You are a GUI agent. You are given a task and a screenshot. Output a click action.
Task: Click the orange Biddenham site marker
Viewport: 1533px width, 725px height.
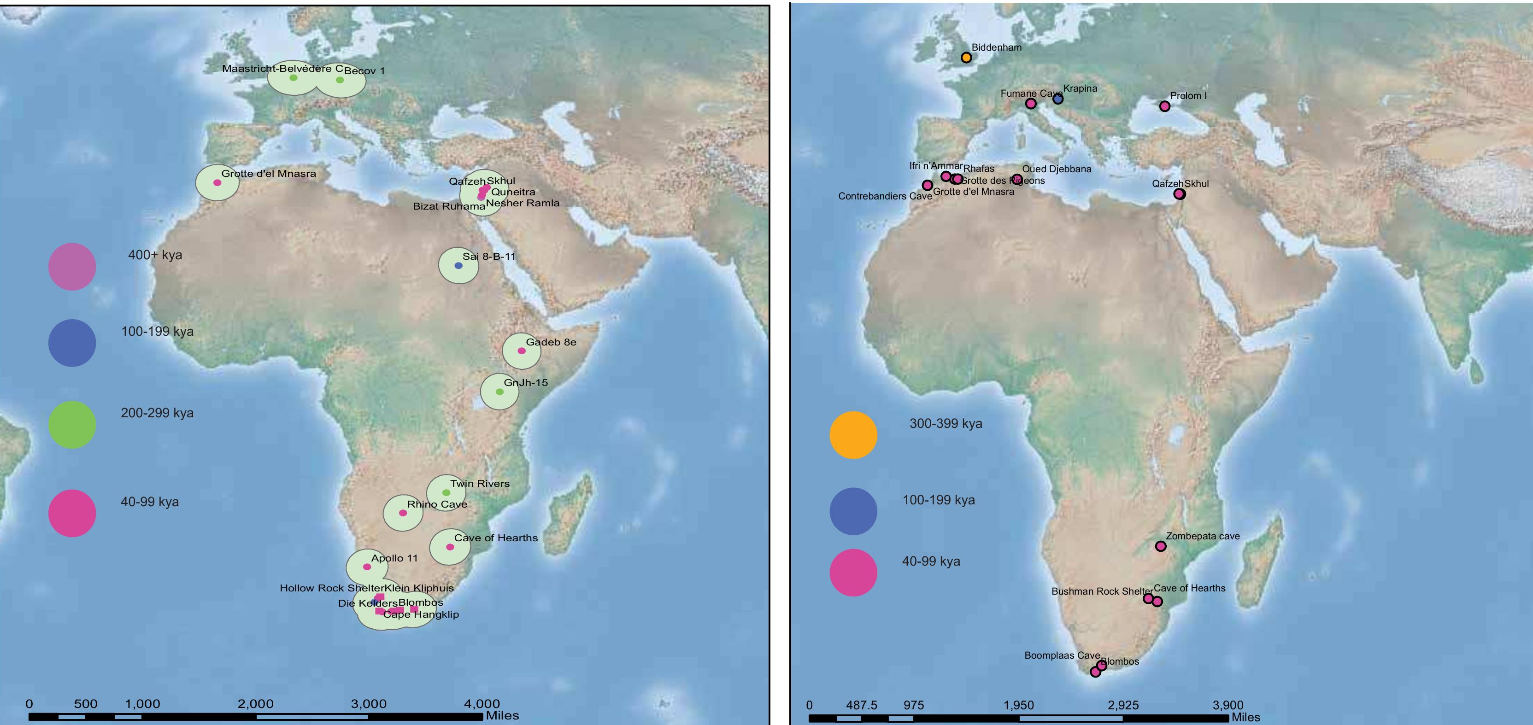pyautogui.click(x=966, y=58)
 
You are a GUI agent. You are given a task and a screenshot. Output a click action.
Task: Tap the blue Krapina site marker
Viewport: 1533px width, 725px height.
pyautogui.click(x=1057, y=99)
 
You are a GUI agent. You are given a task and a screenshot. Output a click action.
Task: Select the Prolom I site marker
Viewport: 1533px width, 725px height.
pyautogui.click(x=1165, y=106)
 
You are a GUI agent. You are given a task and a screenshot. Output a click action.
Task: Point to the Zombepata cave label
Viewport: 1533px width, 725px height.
pyautogui.click(x=1203, y=536)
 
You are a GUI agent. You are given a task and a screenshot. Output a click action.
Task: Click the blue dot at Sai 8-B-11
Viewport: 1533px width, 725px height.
pyautogui.click(x=458, y=265)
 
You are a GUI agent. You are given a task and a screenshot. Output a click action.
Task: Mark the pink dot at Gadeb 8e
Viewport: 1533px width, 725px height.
pyautogui.click(x=521, y=351)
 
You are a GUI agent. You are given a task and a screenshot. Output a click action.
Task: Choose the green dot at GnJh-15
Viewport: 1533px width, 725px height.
pyautogui.click(x=499, y=392)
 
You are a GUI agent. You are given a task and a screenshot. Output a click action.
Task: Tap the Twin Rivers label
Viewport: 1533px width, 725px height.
pyautogui.click(x=480, y=484)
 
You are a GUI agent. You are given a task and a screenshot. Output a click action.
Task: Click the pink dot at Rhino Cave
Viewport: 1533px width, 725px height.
pyautogui.click(x=403, y=513)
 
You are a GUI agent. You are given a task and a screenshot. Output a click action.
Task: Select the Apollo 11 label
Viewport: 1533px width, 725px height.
pyautogui.click(x=394, y=558)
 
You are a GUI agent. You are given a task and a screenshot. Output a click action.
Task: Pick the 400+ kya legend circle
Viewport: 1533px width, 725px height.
pyautogui.click(x=72, y=266)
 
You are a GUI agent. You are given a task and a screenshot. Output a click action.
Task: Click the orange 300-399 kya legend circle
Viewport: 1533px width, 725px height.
pyautogui.click(x=853, y=435)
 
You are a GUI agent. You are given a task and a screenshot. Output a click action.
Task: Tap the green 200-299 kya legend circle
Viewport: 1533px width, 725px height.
pyautogui.click(x=72, y=425)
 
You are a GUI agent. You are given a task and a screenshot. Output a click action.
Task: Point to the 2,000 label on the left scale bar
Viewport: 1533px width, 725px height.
pyautogui.click(x=255, y=704)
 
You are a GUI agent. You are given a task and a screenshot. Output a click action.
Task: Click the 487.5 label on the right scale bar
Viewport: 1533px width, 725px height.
pyautogui.click(x=861, y=705)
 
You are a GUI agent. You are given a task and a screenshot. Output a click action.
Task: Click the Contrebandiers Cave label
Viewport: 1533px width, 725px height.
pyautogui.click(x=885, y=196)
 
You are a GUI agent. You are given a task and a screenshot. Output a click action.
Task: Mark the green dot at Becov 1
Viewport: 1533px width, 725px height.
pyautogui.click(x=340, y=80)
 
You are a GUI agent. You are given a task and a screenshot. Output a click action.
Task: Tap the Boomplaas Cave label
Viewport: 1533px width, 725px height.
pyautogui.click(x=1062, y=655)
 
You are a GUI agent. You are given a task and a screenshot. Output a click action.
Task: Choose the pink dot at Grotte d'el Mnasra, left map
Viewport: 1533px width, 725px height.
pyautogui.click(x=217, y=182)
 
